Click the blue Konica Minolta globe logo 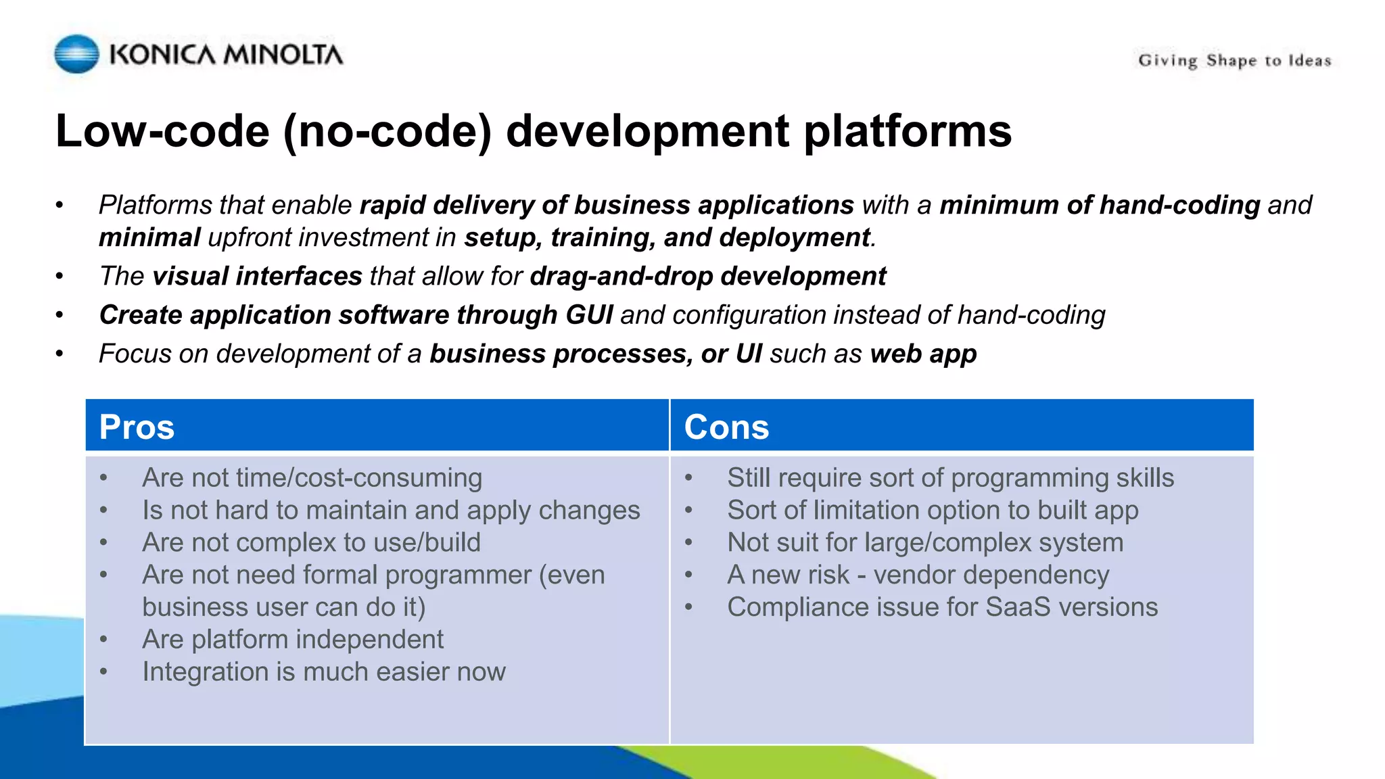click(76, 54)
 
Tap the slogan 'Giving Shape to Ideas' click(1234, 61)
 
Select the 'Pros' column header click(137, 427)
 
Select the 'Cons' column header click(726, 427)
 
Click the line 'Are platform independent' click(293, 639)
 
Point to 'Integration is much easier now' click(324, 671)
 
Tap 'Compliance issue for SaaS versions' click(942, 607)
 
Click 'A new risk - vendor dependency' click(918, 575)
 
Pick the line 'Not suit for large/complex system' click(924, 542)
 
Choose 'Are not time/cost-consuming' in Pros click(312, 477)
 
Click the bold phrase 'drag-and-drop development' click(707, 276)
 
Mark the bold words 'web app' click(923, 354)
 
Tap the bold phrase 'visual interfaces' click(257, 276)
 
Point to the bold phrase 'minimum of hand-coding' click(1100, 205)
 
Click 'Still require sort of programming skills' click(950, 477)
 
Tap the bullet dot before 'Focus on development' click(60, 354)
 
